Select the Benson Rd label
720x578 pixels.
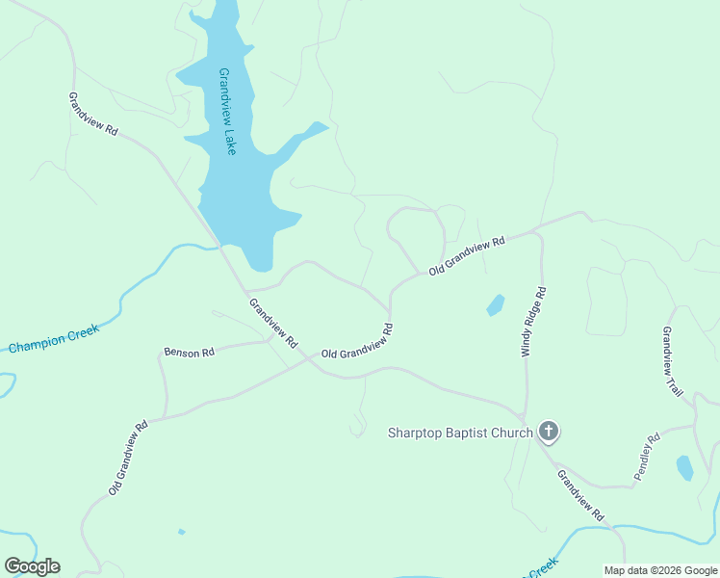tap(189, 353)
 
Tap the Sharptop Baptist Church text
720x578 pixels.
tap(459, 433)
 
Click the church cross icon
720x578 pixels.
tap(549, 432)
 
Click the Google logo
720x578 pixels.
tap(33, 565)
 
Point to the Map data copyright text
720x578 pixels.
tap(660, 570)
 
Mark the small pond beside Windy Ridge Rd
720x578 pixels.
tap(496, 305)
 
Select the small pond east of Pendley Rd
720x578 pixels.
tap(684, 468)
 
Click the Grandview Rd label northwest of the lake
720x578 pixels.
tap(92, 114)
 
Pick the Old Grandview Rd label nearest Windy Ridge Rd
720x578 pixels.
tap(467, 257)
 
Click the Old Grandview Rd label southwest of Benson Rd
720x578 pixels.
tap(127, 458)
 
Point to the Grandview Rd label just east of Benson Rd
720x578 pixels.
tap(273, 324)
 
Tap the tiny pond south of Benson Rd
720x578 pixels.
tap(181, 531)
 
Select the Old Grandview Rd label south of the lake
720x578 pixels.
tap(357, 342)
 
